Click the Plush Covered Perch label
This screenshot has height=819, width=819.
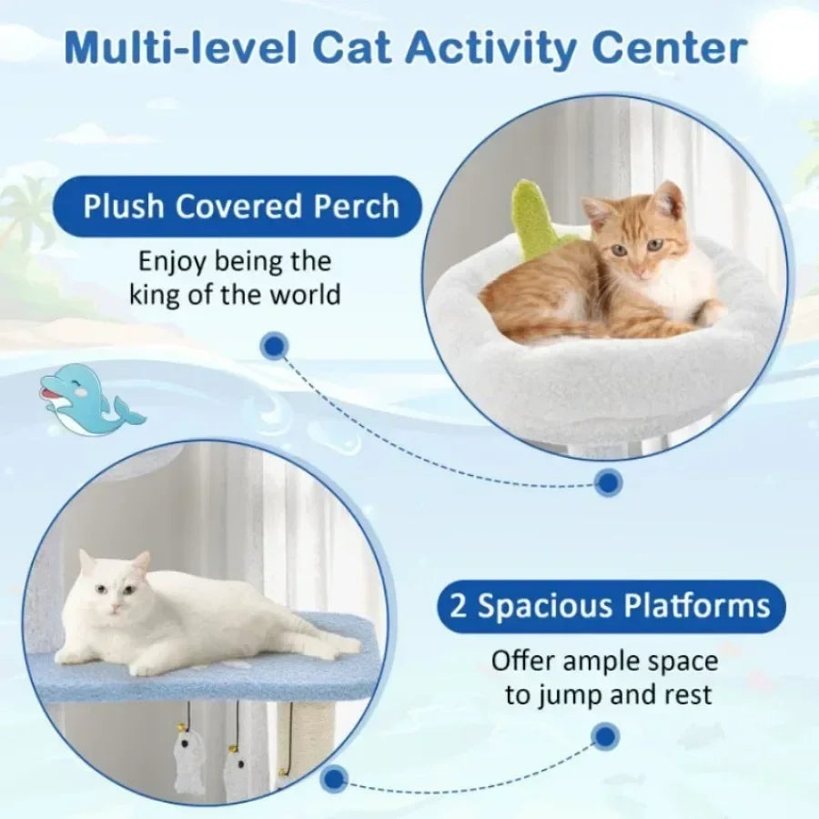(241, 207)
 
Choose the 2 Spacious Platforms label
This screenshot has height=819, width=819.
(611, 606)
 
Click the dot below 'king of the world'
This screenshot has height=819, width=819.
(274, 345)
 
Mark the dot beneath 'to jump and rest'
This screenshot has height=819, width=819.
(604, 735)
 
